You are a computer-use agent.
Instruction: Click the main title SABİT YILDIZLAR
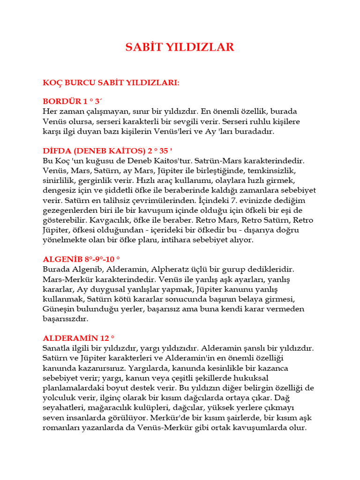pyautogui.click(x=180, y=47)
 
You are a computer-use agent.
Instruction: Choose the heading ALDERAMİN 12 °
pyautogui.click(x=79, y=338)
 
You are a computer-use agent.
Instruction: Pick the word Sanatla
pyautogui.click(x=57, y=348)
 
